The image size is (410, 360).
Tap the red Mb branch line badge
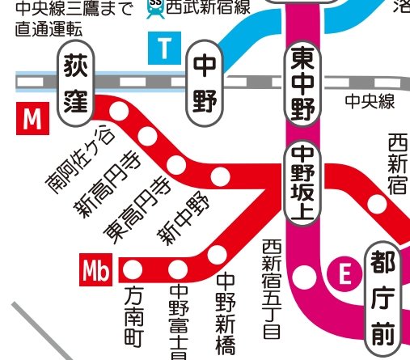point(96,270)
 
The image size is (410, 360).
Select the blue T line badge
point(164,49)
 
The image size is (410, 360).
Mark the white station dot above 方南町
point(134,269)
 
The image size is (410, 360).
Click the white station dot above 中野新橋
point(217,254)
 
